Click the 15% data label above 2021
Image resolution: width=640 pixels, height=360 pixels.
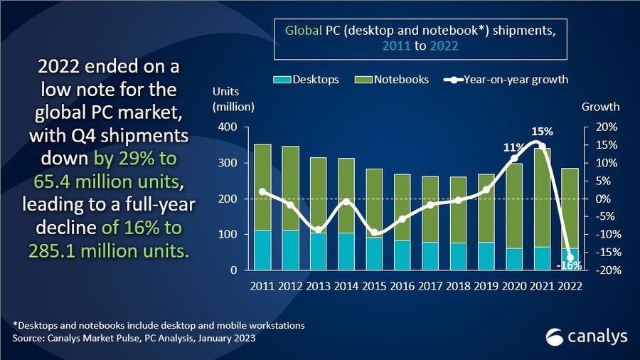542,132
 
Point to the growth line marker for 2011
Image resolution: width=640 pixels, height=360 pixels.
262,191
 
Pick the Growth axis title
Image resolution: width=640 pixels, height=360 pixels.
600,107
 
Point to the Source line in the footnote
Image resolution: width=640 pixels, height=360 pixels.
135,338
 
